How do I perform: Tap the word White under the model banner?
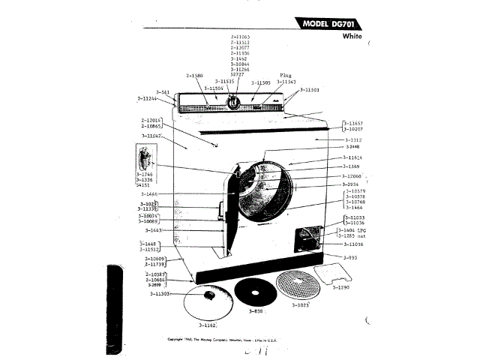click(x=353, y=36)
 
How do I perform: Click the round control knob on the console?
click(x=234, y=104)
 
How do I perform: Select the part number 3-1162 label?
click(x=208, y=326)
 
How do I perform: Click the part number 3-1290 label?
click(x=342, y=288)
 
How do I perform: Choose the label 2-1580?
click(x=195, y=76)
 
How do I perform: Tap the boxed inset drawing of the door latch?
click(x=144, y=161)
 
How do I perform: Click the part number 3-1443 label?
click(x=155, y=230)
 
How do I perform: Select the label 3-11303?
click(x=163, y=294)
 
